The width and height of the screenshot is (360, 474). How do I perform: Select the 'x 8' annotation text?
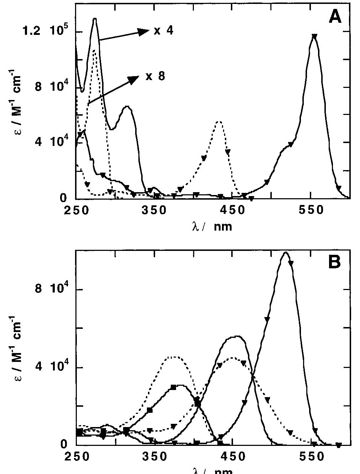(155, 76)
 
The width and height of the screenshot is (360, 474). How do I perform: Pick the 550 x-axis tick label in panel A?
(311, 210)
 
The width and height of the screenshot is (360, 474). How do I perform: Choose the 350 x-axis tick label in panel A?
(154, 210)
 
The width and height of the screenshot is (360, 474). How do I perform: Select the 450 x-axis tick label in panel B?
(232, 457)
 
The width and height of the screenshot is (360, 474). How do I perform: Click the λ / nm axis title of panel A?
(212, 226)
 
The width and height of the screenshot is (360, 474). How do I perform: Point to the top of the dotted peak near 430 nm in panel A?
(219, 122)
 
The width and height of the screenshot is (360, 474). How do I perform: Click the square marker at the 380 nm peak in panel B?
(173, 387)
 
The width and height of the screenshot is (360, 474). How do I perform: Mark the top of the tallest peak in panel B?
(285, 252)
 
